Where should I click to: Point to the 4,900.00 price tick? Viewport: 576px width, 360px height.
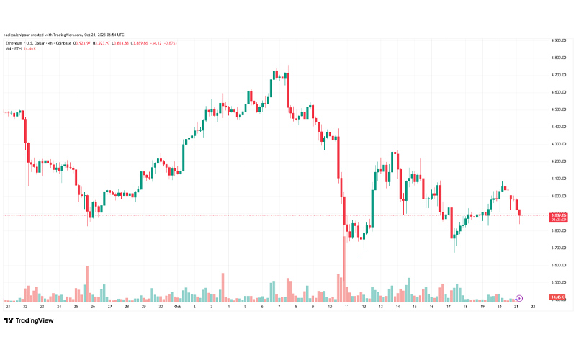click(x=561, y=40)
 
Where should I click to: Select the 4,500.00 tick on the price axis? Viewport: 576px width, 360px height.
click(x=561, y=109)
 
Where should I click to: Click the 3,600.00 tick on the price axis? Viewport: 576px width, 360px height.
click(x=561, y=265)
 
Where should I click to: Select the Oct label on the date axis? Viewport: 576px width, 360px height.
click(x=178, y=307)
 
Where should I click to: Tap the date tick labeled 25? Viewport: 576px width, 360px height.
click(x=76, y=307)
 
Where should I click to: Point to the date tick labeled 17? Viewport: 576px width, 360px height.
click(x=449, y=307)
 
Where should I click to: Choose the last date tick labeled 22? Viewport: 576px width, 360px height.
click(x=534, y=307)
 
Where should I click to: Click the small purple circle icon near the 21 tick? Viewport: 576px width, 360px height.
click(x=520, y=297)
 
